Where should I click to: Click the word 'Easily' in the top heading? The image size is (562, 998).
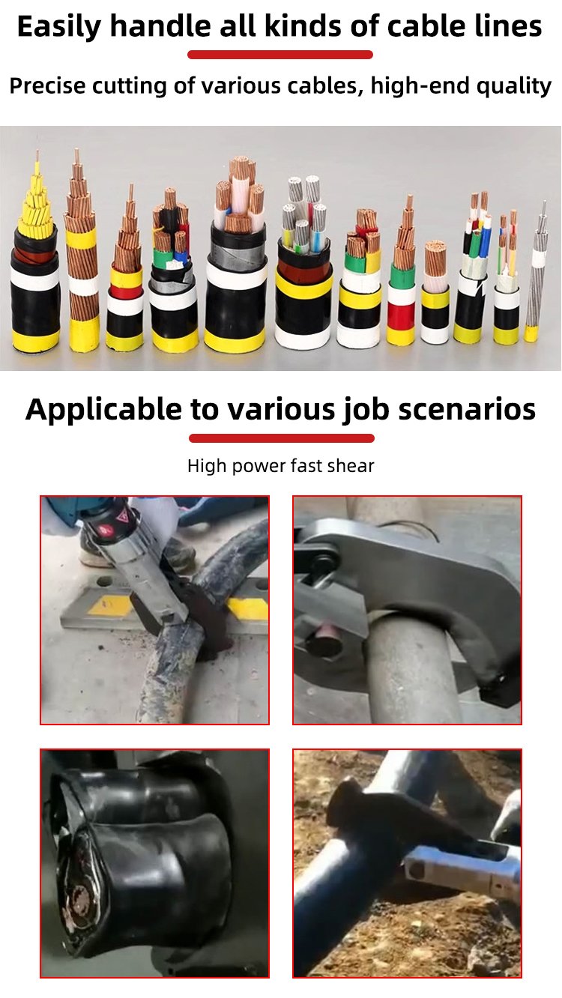point(59,27)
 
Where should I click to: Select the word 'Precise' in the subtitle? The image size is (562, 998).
point(47,85)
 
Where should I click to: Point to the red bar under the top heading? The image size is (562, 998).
point(280,55)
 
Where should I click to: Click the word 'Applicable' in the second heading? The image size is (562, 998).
point(103,410)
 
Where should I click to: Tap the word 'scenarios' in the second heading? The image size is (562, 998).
point(467,409)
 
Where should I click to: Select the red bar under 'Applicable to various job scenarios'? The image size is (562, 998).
point(281,438)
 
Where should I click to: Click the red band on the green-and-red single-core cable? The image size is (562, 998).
point(400,315)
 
